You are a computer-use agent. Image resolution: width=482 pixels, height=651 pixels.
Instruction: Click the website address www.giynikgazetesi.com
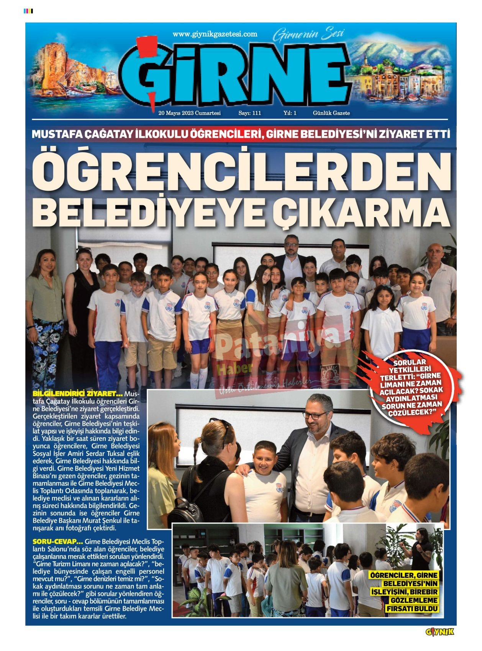pyautogui.click(x=215, y=34)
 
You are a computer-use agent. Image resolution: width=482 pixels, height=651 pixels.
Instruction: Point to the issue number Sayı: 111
pyautogui.click(x=249, y=113)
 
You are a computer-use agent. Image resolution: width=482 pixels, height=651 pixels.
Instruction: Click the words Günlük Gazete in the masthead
pyautogui.click(x=331, y=113)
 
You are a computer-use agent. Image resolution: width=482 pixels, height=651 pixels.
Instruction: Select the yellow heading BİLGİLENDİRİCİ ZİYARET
pyautogui.click(x=77, y=394)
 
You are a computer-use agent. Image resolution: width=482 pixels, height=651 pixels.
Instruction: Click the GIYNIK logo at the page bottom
pyautogui.click(x=439, y=632)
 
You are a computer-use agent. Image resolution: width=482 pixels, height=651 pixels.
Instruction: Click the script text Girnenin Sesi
pyautogui.click(x=308, y=34)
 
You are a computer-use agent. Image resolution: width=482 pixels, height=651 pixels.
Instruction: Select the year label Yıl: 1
pyautogui.click(x=290, y=113)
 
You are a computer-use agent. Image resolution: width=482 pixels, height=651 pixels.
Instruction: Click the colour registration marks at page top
pyautogui.click(x=28, y=11)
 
